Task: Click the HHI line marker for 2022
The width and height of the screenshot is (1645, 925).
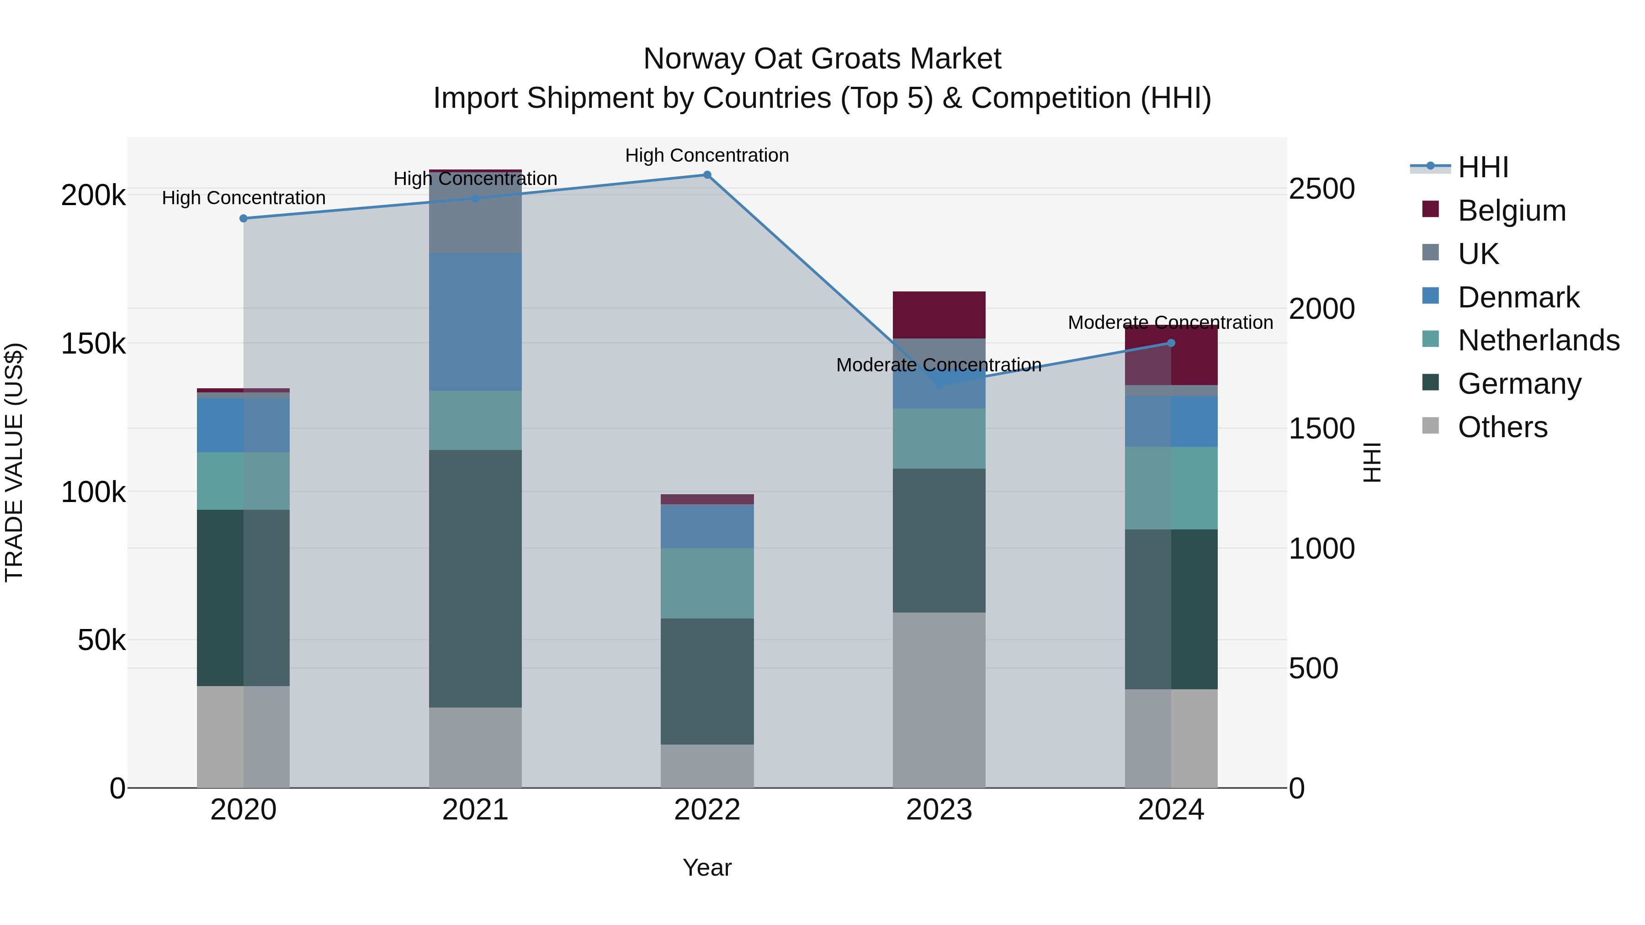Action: tap(707, 175)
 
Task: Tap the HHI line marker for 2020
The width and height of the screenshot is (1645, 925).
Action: tap(243, 218)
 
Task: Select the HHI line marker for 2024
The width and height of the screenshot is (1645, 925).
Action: tap(1171, 343)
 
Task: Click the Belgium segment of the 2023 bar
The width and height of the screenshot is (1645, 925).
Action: tap(939, 315)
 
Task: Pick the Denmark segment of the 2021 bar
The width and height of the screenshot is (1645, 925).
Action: tap(475, 322)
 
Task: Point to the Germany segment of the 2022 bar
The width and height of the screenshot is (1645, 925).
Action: tap(707, 681)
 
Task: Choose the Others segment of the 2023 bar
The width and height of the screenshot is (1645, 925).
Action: tap(939, 700)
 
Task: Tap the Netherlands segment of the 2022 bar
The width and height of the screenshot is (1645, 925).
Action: tap(707, 583)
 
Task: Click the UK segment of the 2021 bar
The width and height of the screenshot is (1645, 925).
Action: tap(475, 213)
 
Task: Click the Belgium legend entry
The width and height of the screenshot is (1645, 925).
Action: tap(1512, 211)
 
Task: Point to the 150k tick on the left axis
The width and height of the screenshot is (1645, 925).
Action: tap(93, 344)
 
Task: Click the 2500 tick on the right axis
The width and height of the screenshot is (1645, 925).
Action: tap(1321, 189)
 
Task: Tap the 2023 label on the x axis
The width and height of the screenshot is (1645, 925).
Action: tap(939, 810)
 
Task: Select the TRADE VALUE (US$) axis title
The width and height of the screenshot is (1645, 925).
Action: tap(14, 462)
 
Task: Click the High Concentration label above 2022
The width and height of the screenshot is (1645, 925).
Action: tap(707, 155)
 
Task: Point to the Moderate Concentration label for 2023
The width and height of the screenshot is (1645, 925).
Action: tap(939, 365)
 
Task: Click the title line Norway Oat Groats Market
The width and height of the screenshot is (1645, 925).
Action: tap(822, 59)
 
